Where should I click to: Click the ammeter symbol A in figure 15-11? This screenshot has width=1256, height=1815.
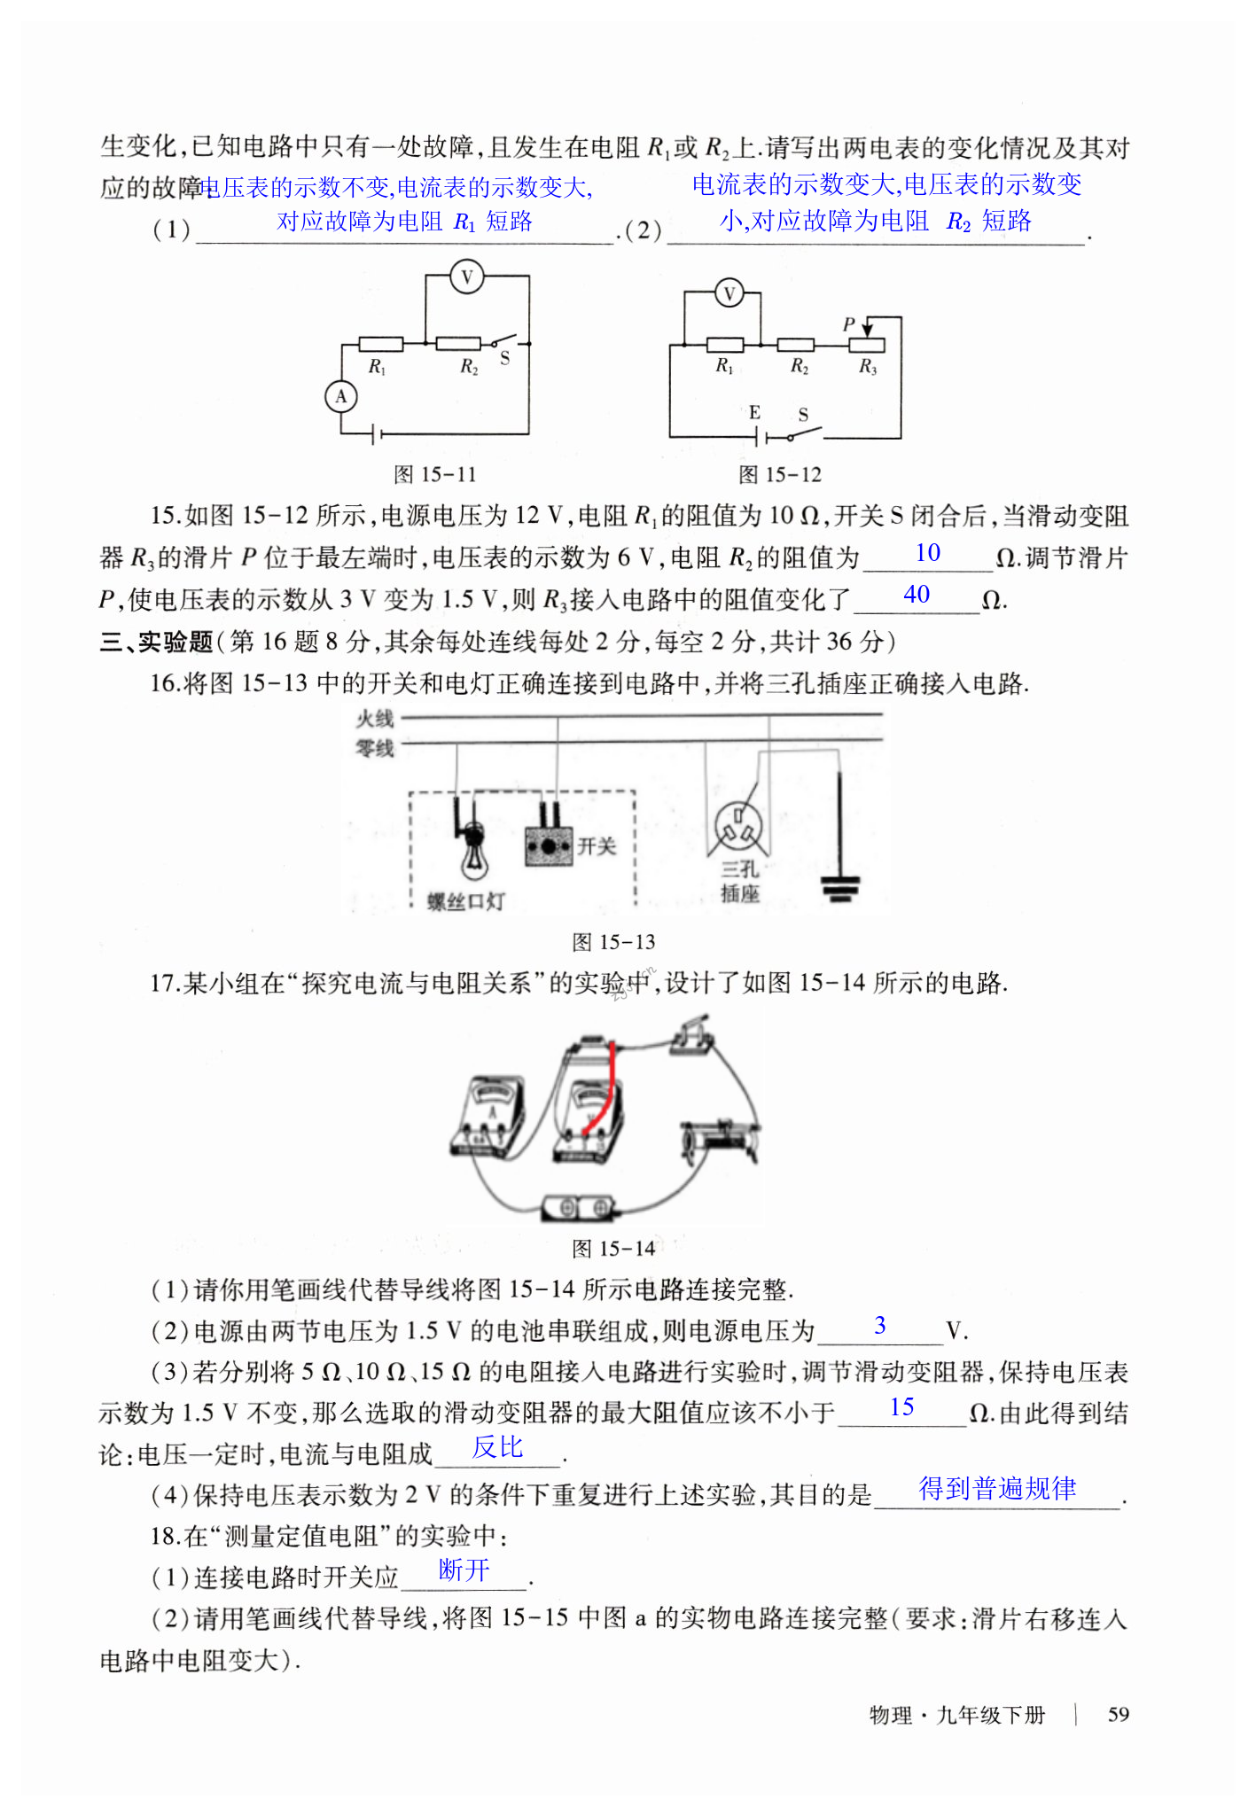pos(341,397)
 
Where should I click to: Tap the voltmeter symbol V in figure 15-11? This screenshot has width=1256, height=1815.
pos(466,277)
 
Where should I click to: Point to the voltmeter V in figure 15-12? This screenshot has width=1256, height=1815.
pos(729,293)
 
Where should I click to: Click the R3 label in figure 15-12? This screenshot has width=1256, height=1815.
pos(867,366)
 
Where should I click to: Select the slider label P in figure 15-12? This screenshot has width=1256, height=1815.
pos(849,325)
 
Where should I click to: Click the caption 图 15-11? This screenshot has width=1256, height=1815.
pos(434,475)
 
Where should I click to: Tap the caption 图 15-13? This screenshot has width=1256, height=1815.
pos(613,942)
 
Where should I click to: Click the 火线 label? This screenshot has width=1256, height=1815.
pos(374,719)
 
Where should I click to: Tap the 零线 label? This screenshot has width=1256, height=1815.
pos(374,749)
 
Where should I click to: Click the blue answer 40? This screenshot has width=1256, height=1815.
pos(917,595)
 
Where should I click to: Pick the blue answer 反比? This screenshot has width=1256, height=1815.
pos(497,1447)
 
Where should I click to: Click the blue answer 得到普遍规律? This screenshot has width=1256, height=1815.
pos(997,1489)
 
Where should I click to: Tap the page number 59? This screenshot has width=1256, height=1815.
pos(1118,1714)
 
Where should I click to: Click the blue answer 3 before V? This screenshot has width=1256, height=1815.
pos(879,1326)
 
